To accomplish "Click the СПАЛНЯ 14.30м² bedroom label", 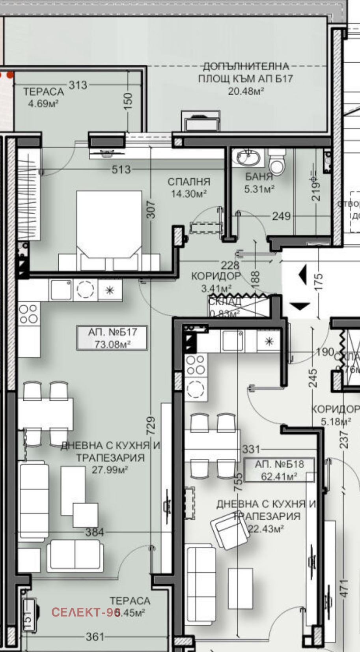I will click(x=189, y=188).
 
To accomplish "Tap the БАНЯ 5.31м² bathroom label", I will click(x=259, y=183).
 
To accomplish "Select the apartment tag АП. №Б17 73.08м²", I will click(x=112, y=338).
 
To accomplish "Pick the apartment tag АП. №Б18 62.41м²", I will click(x=279, y=470).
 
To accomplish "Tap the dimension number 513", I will click(x=121, y=170).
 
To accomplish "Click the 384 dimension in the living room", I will click(x=95, y=532).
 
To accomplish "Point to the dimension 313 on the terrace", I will click(x=78, y=85).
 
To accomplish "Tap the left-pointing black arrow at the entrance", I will click(x=302, y=275).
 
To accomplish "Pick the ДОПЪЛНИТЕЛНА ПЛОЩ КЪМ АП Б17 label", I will click(x=245, y=78).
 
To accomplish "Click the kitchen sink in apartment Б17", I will click(x=60, y=290).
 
